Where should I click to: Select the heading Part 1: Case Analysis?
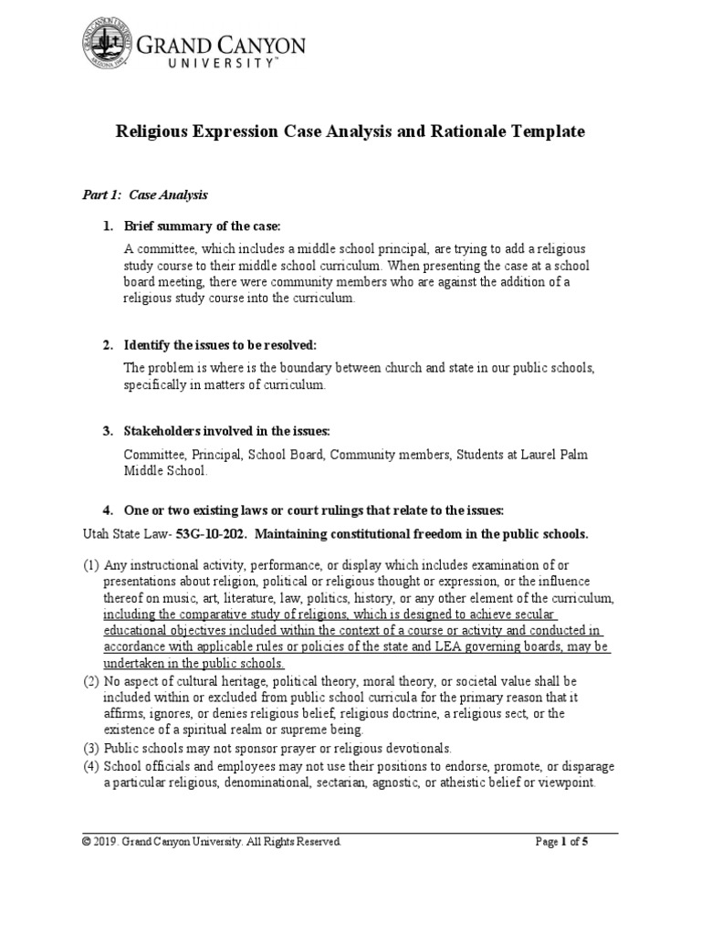(140, 194)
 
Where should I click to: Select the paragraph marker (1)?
(91, 565)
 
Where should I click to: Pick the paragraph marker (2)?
(91, 681)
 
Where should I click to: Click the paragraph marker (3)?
(91, 747)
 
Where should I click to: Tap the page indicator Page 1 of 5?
(560, 842)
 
